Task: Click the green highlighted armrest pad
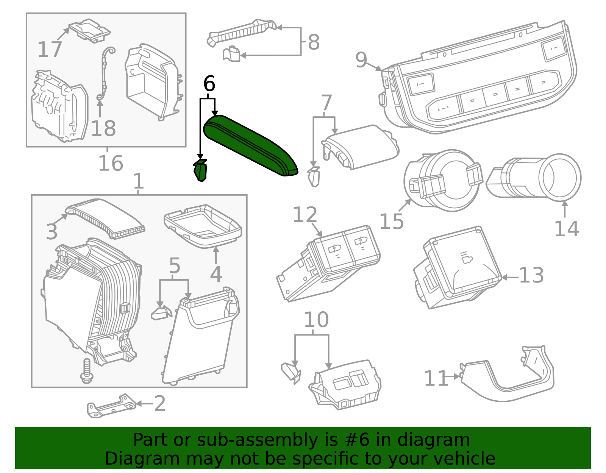(x=250, y=146)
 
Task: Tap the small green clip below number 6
(x=201, y=171)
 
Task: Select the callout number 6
(x=209, y=84)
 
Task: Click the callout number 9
(x=361, y=60)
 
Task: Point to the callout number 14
(x=566, y=229)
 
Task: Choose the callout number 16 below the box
(x=111, y=164)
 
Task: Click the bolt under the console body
(x=87, y=371)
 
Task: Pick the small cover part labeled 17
(x=89, y=30)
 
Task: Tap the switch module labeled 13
(x=460, y=267)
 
